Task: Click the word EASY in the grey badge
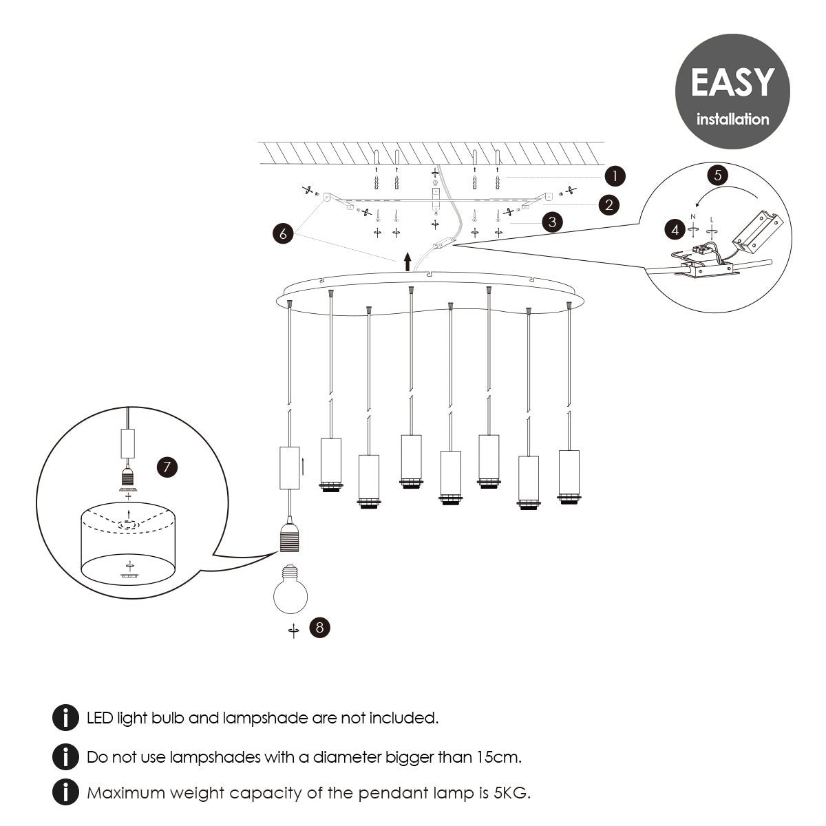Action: (x=732, y=82)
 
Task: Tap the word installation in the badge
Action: (x=732, y=119)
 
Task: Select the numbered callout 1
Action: (x=615, y=176)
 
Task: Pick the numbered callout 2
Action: (x=608, y=204)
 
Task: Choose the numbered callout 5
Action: (x=718, y=175)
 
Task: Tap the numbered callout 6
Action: (x=282, y=234)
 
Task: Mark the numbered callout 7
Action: (x=167, y=467)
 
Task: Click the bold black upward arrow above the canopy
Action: (x=407, y=262)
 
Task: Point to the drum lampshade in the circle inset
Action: (x=128, y=544)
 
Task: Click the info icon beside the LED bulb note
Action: (x=65, y=718)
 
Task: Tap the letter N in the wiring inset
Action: (x=692, y=216)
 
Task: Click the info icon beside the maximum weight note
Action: (x=65, y=793)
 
